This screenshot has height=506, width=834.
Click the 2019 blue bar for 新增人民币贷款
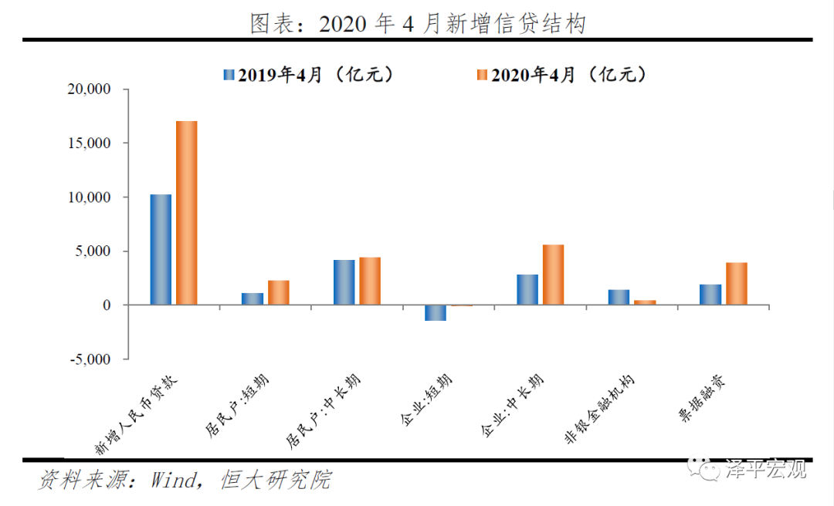click(161, 249)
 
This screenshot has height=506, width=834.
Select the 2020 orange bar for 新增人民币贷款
click(187, 213)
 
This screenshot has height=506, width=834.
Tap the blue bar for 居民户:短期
click(252, 299)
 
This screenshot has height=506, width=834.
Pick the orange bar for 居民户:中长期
click(370, 281)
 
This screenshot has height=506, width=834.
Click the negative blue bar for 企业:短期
click(436, 313)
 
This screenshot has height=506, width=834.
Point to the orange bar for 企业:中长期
click(553, 275)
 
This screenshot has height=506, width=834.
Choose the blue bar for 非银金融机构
click(619, 297)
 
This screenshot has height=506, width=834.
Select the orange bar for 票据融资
click(737, 284)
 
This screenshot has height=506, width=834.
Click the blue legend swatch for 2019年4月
click(229, 74)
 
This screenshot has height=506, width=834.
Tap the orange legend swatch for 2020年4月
click(482, 74)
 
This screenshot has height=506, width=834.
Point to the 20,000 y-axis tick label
click(89, 89)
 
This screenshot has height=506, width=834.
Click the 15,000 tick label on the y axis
click(89, 143)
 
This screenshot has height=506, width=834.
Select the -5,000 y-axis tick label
click(90, 359)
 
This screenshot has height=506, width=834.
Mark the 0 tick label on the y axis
click(107, 305)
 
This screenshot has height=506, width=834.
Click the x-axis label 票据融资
click(701, 398)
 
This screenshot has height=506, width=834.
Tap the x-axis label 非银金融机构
click(599, 409)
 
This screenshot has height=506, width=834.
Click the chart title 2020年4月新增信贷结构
click(418, 24)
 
